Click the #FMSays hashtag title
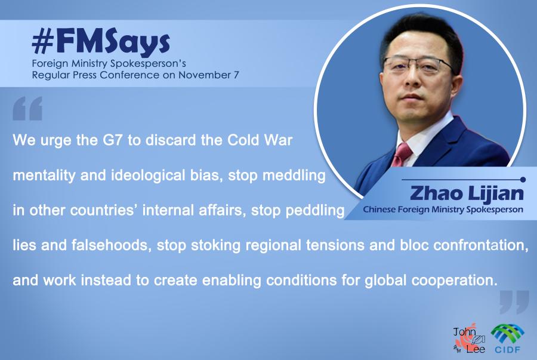click(x=101, y=44)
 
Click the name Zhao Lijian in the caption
click(x=467, y=193)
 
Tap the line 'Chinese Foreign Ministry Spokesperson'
click(x=443, y=210)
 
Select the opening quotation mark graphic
click(x=27, y=108)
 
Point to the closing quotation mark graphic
click(x=514, y=302)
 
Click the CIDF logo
click(x=508, y=339)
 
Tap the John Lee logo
click(x=469, y=340)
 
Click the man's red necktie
click(x=402, y=153)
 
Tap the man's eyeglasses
click(x=418, y=67)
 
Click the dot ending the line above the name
click(x=523, y=180)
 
